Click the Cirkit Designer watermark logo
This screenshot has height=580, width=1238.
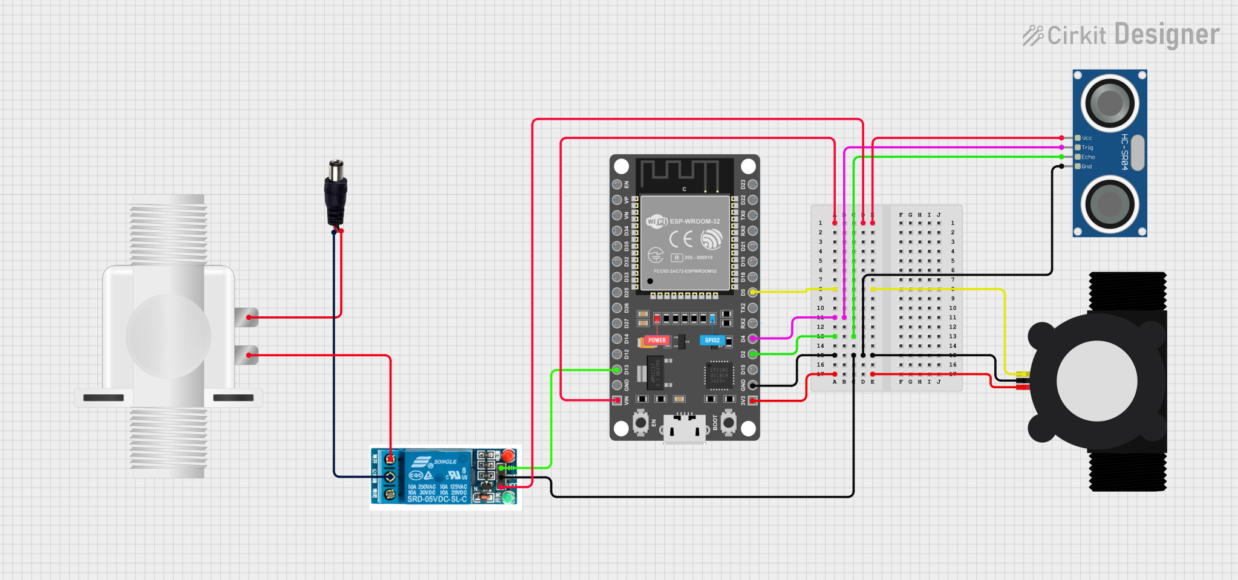pyautogui.click(x=1121, y=35)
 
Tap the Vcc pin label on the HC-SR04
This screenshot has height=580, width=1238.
pyautogui.click(x=1087, y=138)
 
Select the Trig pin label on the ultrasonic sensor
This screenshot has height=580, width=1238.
pyautogui.click(x=1087, y=148)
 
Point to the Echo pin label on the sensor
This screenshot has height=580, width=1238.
pyautogui.click(x=1088, y=157)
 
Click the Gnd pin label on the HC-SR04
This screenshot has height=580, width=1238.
pyautogui.click(x=1087, y=166)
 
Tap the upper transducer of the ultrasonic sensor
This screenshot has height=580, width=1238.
pyautogui.click(x=1110, y=103)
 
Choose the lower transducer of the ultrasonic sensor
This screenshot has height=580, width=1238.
pyautogui.click(x=1110, y=204)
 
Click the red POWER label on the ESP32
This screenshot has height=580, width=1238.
pyautogui.click(x=657, y=341)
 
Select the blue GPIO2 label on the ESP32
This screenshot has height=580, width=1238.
pyautogui.click(x=712, y=341)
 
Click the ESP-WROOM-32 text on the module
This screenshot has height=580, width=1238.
pyautogui.click(x=694, y=221)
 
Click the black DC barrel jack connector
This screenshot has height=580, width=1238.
pyautogui.click(x=336, y=194)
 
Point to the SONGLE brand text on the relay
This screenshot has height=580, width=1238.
pyautogui.click(x=445, y=461)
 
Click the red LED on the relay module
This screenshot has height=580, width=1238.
pyautogui.click(x=509, y=455)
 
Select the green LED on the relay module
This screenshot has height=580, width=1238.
pyautogui.click(x=509, y=498)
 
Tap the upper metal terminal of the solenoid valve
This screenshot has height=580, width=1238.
pyautogui.click(x=247, y=317)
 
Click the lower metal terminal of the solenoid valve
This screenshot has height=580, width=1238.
pyautogui.click(x=247, y=355)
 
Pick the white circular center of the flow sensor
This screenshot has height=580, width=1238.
pyautogui.click(x=1096, y=382)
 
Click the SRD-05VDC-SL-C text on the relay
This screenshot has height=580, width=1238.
pyautogui.click(x=437, y=499)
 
